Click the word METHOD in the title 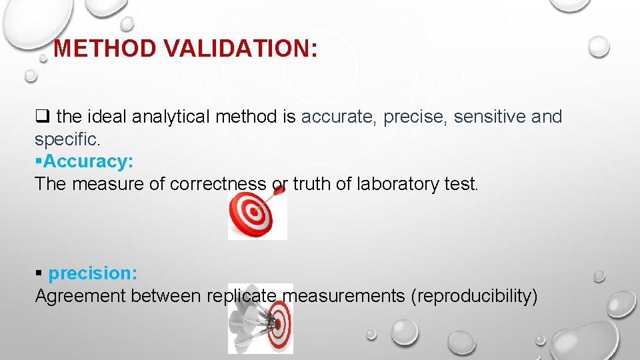pyautogui.click(x=105, y=49)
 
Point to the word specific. pyautogui.click(x=67, y=140)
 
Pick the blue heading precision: pyautogui.click(x=93, y=274)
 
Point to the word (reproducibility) pyautogui.click(x=475, y=296)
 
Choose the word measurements pyautogui.click(x=341, y=296)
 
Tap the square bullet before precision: pyautogui.click(x=39, y=274)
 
